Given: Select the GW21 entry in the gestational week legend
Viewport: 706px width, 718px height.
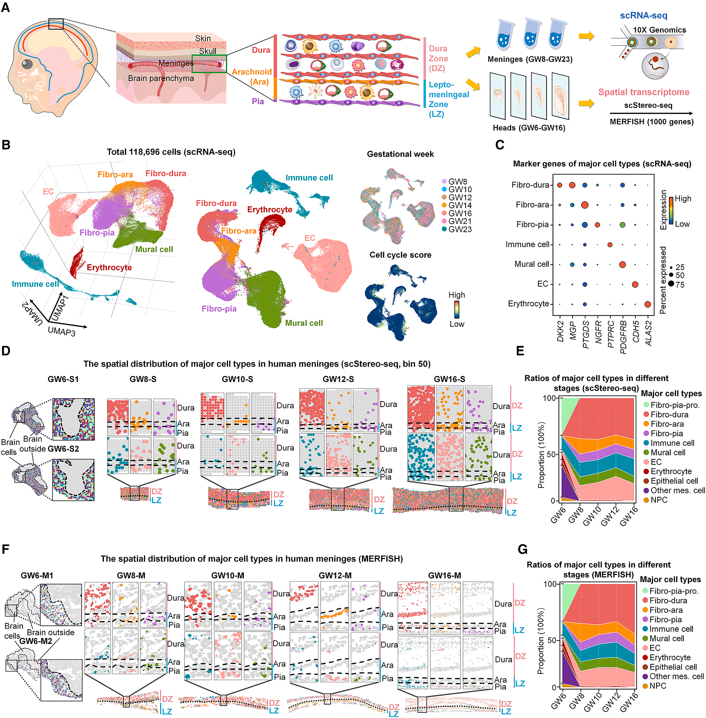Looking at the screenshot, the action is coord(456,221).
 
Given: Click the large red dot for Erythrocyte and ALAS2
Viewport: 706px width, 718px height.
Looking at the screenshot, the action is coord(647,304).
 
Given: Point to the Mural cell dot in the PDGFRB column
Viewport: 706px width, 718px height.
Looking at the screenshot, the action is coord(623,265).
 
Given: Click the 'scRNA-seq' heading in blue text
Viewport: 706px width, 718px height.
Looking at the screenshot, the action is coord(643,16).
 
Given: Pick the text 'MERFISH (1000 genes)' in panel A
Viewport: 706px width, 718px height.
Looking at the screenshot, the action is coord(652,122).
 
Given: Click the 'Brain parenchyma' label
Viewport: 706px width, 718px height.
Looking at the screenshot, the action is coord(161,78).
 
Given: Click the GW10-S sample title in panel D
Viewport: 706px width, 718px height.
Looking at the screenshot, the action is coord(237,379).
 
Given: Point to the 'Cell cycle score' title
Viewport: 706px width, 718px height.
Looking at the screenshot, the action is coord(401,255).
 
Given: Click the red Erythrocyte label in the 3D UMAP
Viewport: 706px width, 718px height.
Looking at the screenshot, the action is coord(109,267).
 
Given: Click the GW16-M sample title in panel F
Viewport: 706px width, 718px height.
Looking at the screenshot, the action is coord(445,576).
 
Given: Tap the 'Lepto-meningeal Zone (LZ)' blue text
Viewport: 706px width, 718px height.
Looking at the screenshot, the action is coord(449,99).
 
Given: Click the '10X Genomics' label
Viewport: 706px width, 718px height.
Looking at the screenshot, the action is coord(659,30).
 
